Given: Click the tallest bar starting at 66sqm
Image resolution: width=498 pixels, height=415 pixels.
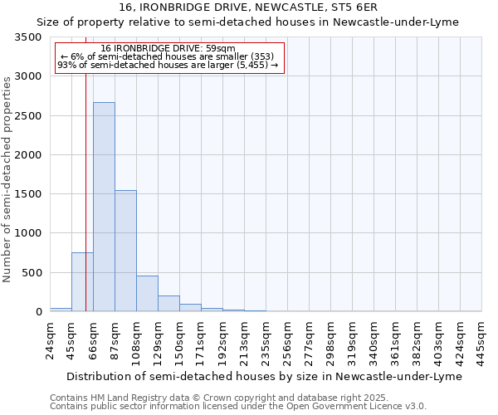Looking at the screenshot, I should tap(104, 207).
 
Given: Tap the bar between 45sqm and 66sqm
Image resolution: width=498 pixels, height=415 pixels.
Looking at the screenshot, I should tap(82, 282).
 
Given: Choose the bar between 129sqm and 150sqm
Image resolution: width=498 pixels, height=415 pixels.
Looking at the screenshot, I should tap(168, 304).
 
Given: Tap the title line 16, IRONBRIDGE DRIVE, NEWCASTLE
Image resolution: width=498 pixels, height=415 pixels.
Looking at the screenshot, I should tap(249, 7).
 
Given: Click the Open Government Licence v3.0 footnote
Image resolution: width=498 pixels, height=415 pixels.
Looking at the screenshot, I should tap(238, 407).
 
